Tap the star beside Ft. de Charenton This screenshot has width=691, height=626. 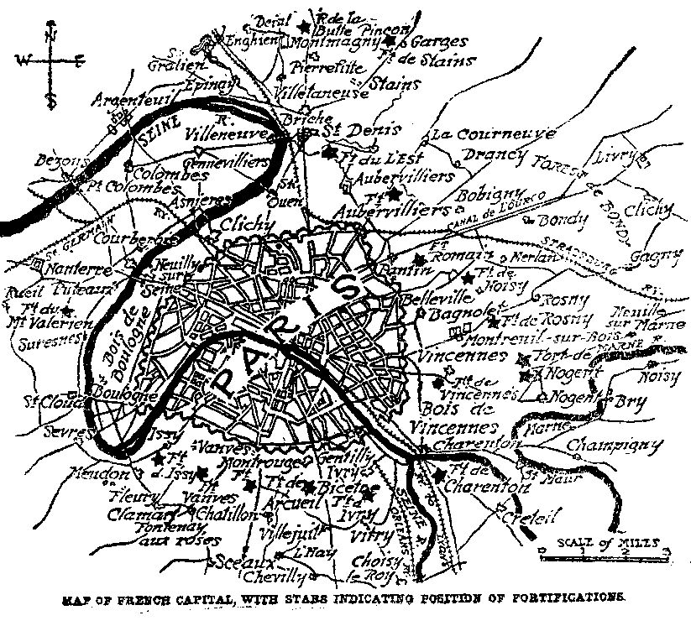(x=442, y=476)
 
